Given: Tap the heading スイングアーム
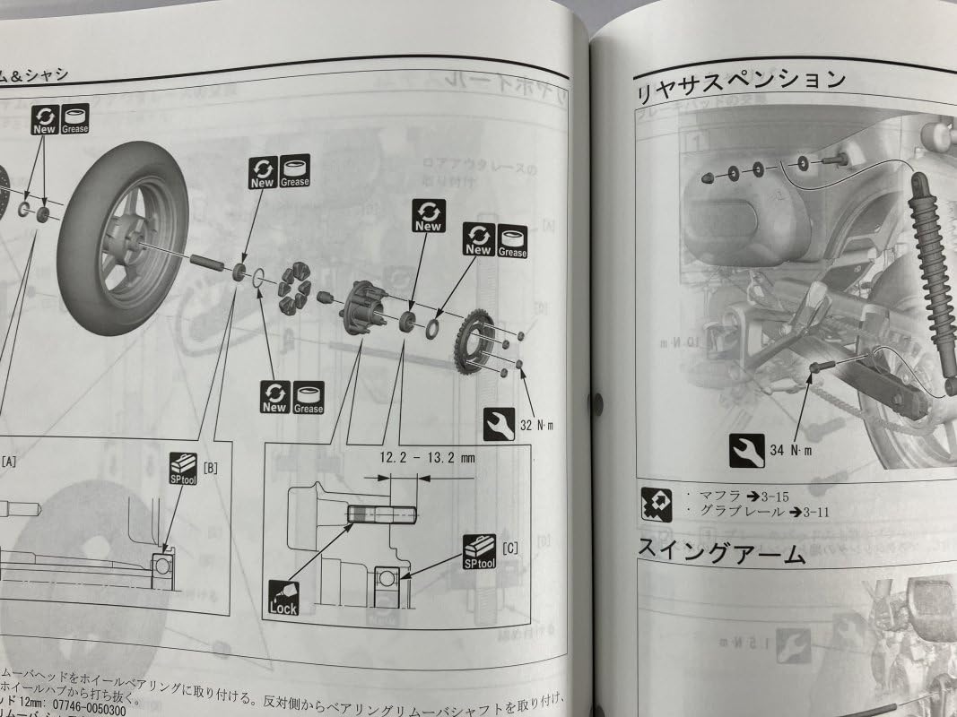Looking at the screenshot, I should (722, 551).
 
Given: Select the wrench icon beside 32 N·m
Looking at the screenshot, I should (499, 422).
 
